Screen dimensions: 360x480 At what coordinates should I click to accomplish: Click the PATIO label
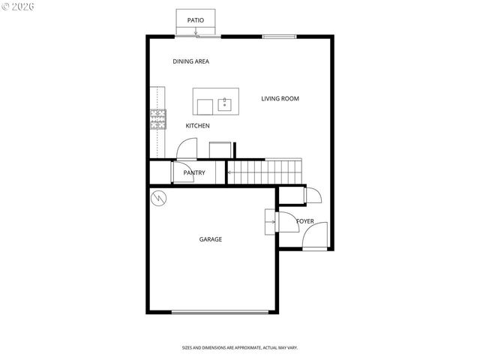[x=196, y=19]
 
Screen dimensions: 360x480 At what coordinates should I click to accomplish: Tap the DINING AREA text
[x=190, y=61]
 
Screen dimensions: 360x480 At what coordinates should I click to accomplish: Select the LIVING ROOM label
[x=280, y=98]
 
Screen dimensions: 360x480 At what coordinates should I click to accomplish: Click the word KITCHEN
[x=197, y=125]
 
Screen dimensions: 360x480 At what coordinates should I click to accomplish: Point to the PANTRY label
[x=193, y=173]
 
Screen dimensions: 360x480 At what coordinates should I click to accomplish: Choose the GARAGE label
[x=210, y=239]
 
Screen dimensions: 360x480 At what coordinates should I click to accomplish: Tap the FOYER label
[x=305, y=221]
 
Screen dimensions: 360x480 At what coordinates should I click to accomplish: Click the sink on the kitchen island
[x=225, y=104]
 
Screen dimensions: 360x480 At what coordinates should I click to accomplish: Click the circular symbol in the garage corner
[x=159, y=199]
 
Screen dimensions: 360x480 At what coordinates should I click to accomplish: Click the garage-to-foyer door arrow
[x=268, y=221]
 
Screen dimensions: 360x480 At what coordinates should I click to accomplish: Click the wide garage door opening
[x=220, y=312]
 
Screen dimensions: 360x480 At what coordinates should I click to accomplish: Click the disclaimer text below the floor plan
[x=240, y=347]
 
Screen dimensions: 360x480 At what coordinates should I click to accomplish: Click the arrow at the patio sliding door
[x=196, y=32]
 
